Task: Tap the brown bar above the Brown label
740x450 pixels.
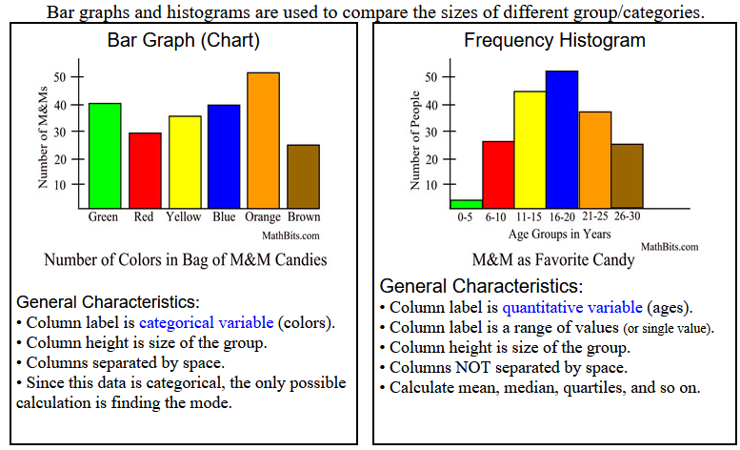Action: pyautogui.click(x=303, y=176)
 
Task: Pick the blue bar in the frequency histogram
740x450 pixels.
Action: pyautogui.click(x=561, y=139)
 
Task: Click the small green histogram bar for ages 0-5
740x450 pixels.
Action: pyautogui.click(x=466, y=203)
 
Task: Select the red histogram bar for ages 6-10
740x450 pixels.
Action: pyautogui.click(x=498, y=174)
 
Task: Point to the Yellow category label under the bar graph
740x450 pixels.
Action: pyautogui.click(x=184, y=216)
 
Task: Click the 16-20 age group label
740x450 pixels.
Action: pyautogui.click(x=562, y=217)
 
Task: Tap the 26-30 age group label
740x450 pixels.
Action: pyautogui.click(x=628, y=217)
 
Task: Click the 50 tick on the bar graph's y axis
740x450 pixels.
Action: pyautogui.click(x=60, y=76)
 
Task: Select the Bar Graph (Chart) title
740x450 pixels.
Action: pyautogui.click(x=184, y=41)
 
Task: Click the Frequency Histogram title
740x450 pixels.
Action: pyautogui.click(x=553, y=41)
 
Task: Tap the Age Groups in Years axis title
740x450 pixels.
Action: pyautogui.click(x=560, y=234)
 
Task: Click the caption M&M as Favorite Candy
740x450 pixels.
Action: pyautogui.click(x=552, y=259)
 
